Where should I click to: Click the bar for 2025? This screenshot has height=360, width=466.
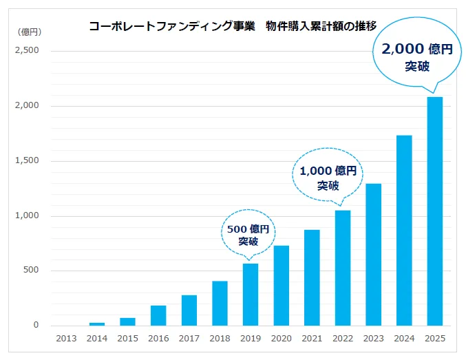click(x=434, y=211)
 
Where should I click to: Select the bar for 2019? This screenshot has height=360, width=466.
click(x=250, y=295)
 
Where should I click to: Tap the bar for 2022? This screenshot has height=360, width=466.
click(x=342, y=268)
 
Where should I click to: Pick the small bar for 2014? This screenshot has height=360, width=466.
click(x=97, y=324)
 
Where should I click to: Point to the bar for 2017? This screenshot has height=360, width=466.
click(x=189, y=310)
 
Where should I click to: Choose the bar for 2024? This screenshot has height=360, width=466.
click(x=404, y=230)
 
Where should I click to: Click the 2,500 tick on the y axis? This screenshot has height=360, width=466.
click(x=28, y=51)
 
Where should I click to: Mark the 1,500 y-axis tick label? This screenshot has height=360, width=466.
click(x=28, y=161)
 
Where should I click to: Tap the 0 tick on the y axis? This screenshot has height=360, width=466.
click(x=36, y=326)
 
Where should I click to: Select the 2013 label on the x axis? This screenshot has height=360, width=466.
click(x=66, y=339)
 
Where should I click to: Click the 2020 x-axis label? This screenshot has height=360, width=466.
click(x=281, y=339)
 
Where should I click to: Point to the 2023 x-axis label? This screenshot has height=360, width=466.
click(x=373, y=339)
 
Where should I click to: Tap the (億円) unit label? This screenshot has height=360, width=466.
click(x=30, y=32)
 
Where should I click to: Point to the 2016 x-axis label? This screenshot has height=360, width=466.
click(x=158, y=339)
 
